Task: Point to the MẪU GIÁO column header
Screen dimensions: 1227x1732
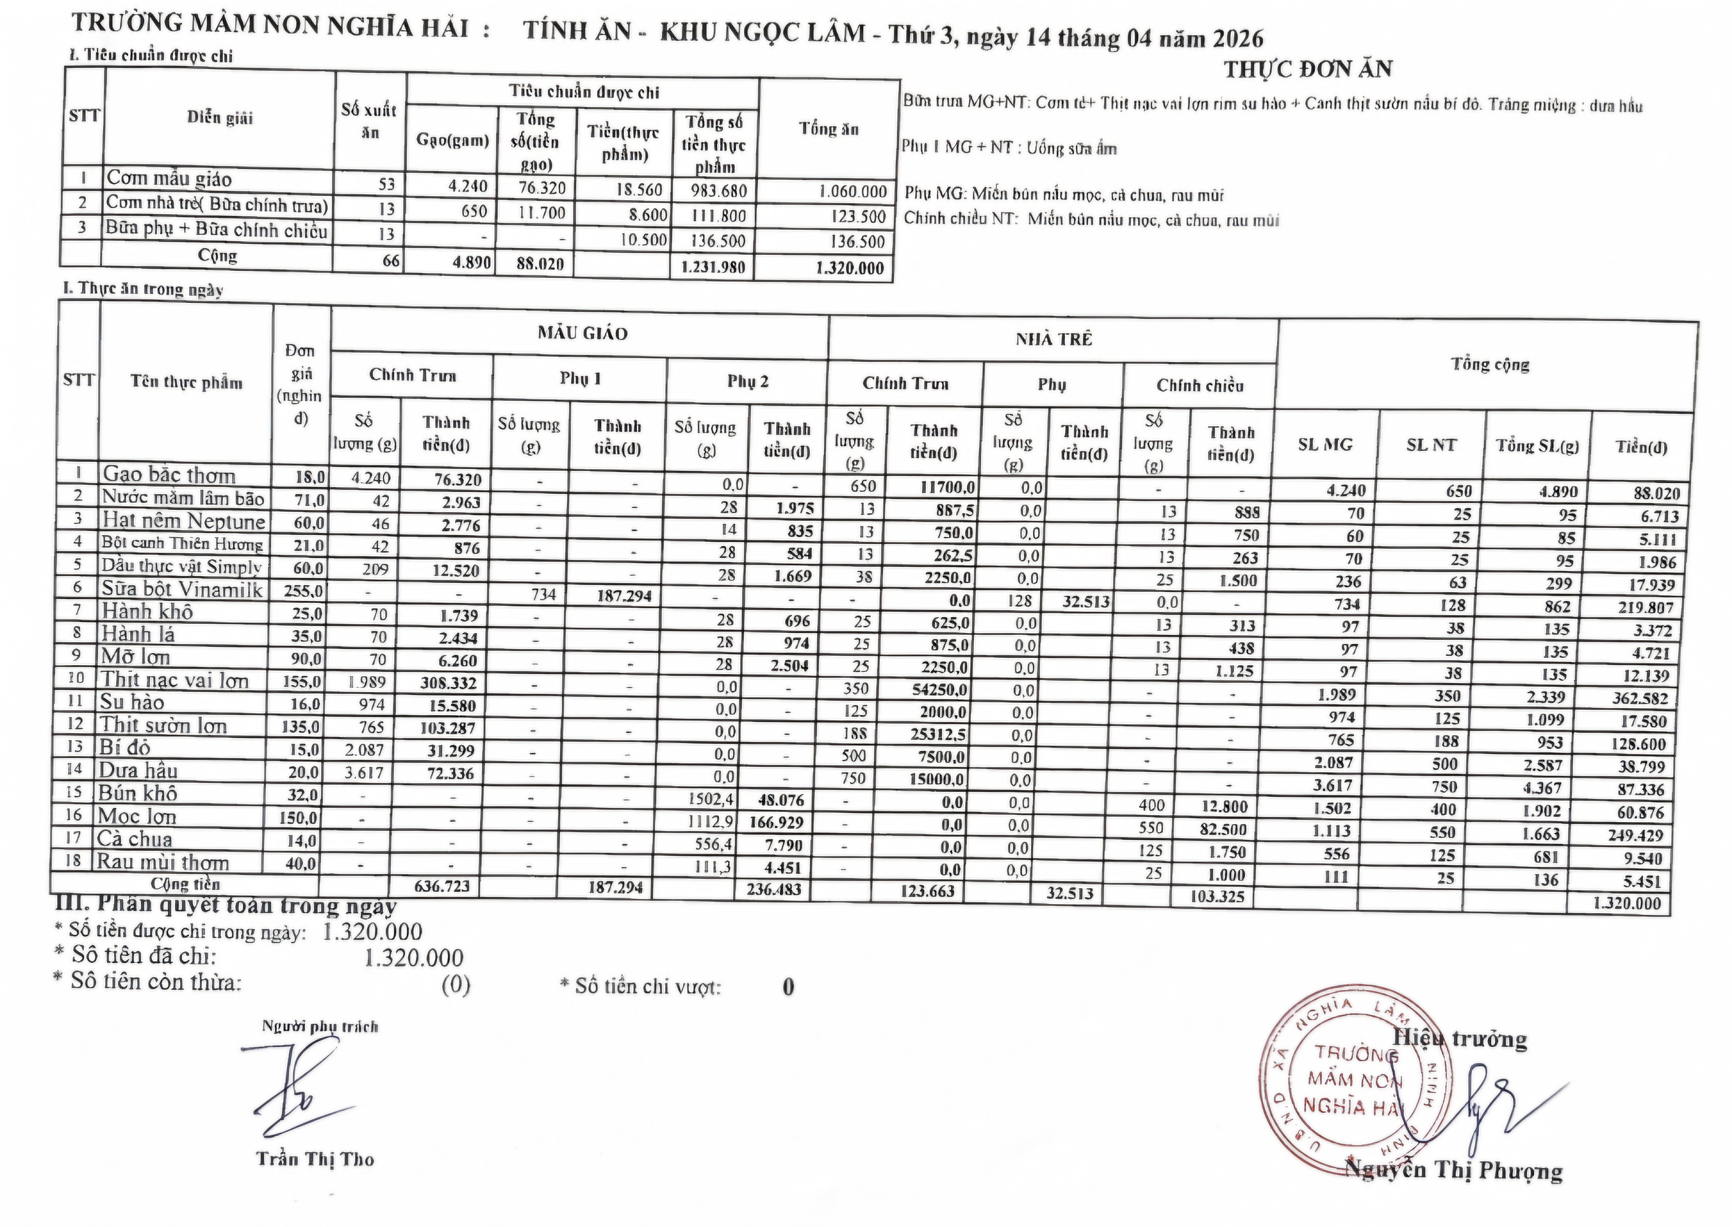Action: coord(582,333)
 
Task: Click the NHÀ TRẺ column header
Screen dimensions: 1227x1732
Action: coord(1053,339)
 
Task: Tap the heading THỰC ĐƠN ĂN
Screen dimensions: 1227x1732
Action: coord(1307,70)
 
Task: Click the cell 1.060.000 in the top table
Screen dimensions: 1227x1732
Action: coord(852,192)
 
